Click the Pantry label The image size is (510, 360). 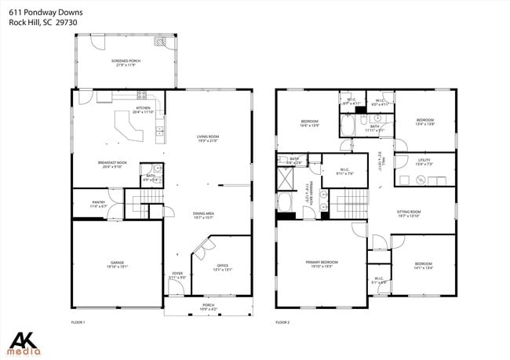tap(98, 203)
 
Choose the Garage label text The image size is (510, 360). tap(117, 264)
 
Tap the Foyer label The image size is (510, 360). tap(177, 275)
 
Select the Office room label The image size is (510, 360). tap(223, 266)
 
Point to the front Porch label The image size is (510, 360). tap(209, 306)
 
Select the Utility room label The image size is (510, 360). tap(424, 161)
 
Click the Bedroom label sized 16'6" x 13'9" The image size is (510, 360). tap(309, 122)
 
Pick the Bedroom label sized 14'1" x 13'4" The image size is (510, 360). tap(423, 265)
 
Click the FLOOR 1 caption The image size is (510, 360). tap(78, 322)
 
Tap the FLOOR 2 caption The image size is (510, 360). tap(282, 322)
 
